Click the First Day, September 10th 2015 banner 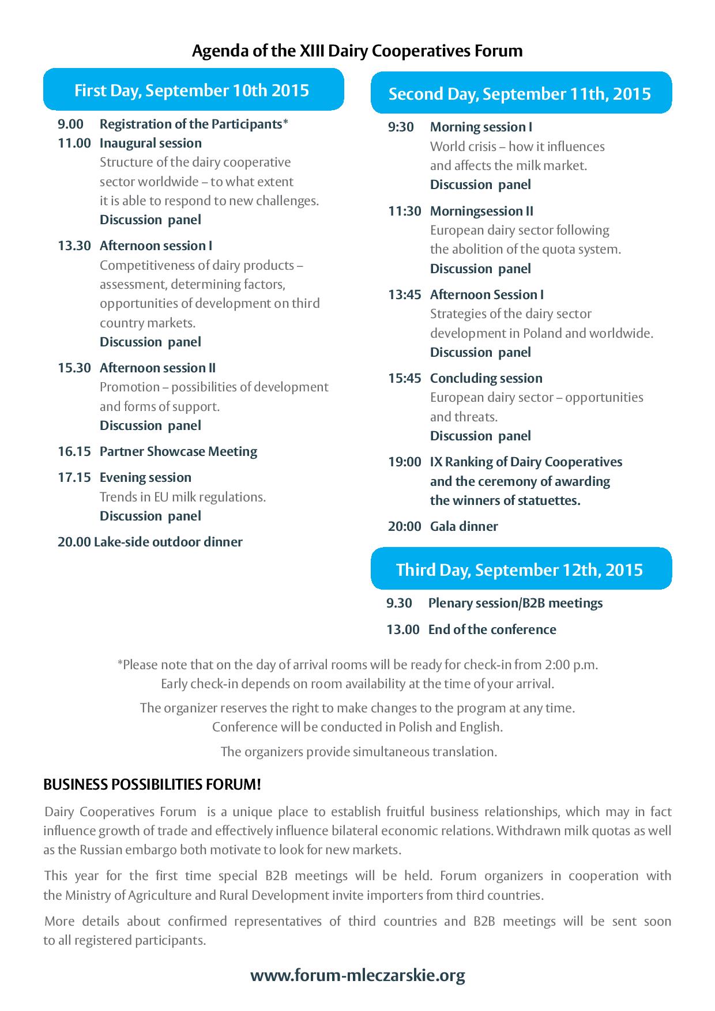point(193,90)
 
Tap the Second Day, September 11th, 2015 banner point(520,94)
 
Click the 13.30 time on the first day point(74,246)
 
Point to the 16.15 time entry point(74,451)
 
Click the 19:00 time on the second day point(404,462)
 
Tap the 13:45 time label point(404,295)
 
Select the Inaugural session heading point(150,143)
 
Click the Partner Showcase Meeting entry point(178,451)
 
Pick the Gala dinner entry point(464,526)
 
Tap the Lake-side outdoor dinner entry point(168,542)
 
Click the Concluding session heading point(486,378)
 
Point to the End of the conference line point(492,629)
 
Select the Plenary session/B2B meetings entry point(515,603)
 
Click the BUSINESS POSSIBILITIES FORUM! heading point(152,784)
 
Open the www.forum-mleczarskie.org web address point(357,976)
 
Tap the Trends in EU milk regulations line point(183,497)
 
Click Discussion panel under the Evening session point(150,516)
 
